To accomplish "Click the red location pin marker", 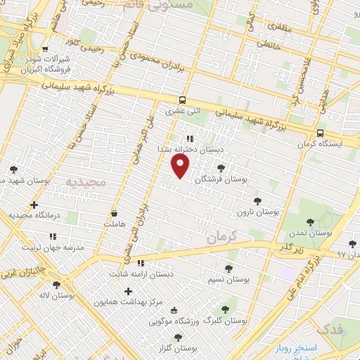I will tap(181, 166).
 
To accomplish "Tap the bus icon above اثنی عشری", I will tap(183, 100).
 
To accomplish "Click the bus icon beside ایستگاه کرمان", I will tap(321, 133).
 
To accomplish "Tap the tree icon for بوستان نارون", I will tap(256, 200).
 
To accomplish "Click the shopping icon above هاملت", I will tap(114, 212).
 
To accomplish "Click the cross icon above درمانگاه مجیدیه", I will tap(34, 205).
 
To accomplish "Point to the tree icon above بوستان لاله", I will tap(56, 285).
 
